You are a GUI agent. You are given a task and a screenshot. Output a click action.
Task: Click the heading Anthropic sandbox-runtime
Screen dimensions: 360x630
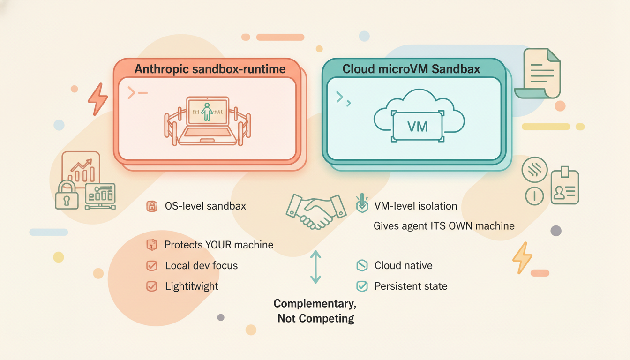tap(210, 69)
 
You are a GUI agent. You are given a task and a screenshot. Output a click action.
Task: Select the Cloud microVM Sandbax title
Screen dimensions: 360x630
tap(411, 69)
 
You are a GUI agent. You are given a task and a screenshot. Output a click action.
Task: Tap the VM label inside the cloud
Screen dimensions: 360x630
tap(417, 127)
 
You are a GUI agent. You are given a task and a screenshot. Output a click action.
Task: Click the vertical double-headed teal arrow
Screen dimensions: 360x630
tap(315, 267)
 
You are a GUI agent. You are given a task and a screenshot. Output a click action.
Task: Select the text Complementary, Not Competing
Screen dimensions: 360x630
tap(315, 311)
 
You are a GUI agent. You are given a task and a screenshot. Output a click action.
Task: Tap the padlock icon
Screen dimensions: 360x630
tap(67, 195)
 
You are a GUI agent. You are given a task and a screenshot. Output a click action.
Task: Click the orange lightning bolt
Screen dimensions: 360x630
tap(98, 99)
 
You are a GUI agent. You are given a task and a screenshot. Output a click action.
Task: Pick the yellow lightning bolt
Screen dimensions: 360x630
tap(522, 257)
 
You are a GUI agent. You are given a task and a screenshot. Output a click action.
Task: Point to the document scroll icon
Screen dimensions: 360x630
tap(539, 73)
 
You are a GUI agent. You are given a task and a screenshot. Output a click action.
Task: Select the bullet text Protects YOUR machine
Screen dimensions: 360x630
tap(218, 245)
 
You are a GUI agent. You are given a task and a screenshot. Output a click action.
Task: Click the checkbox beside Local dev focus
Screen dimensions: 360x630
tap(151, 266)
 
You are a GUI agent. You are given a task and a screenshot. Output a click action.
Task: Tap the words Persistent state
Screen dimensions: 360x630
tap(411, 286)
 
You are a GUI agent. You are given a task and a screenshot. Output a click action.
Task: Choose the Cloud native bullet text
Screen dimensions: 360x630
tap(403, 265)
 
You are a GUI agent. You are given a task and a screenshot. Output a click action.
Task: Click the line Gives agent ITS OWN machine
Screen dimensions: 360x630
tap(443, 226)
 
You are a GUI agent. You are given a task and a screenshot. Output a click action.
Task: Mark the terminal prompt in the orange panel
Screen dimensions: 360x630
tap(137, 93)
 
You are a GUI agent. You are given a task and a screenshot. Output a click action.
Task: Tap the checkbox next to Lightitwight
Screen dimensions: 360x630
tap(151, 286)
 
